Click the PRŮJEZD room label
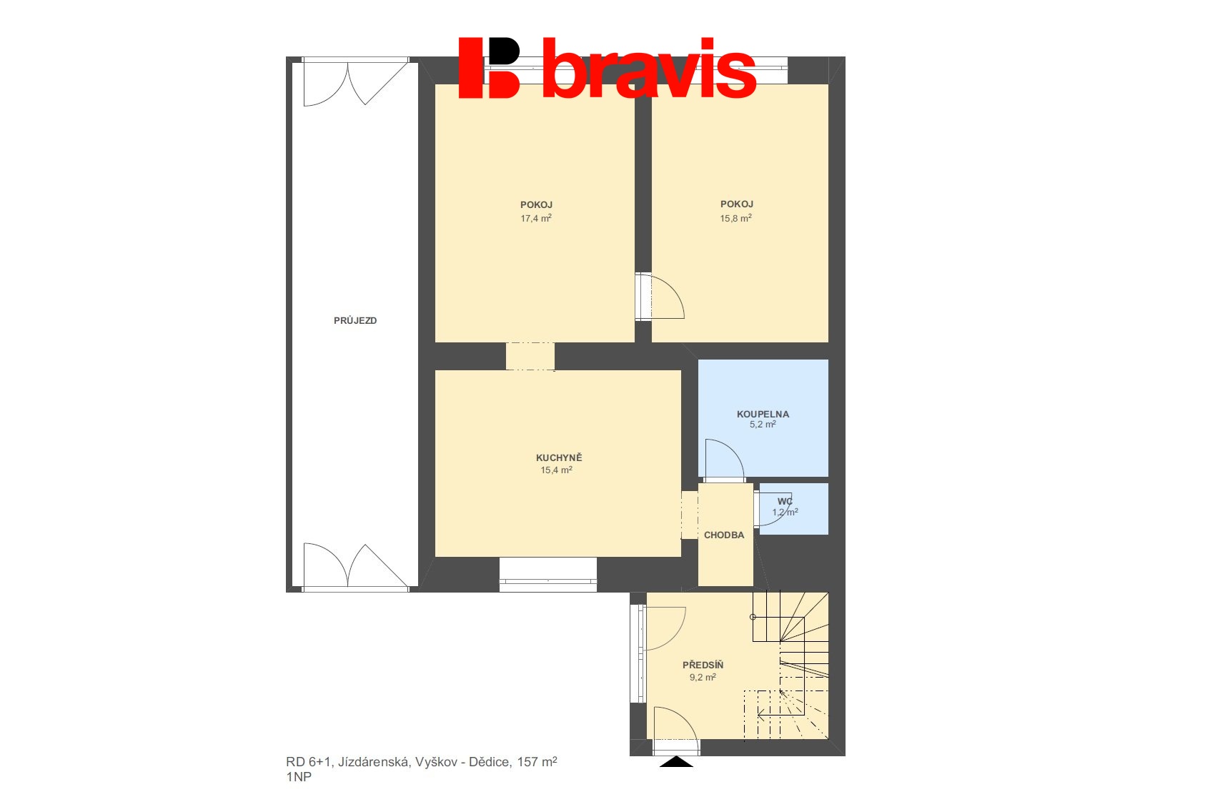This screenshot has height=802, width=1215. coord(354,321)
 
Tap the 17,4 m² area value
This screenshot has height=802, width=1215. coord(536,218)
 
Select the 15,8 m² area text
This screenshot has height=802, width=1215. coord(735,218)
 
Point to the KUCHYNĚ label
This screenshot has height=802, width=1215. coord(559,457)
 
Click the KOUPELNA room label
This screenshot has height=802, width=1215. coord(763,414)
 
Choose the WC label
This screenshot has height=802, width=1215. coord(785,501)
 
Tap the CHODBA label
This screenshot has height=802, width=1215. coord(723,535)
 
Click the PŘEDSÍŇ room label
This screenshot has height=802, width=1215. coord(703,665)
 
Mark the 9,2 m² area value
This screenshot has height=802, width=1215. coord(703,677)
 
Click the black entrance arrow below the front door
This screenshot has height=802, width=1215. coord(676,762)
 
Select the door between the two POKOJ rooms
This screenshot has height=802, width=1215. coord(660,296)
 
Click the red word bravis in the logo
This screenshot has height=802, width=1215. coord(649,69)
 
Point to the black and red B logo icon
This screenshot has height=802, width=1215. coord(490,68)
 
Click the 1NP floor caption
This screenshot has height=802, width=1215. coord(299,776)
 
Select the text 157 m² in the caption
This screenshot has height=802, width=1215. coord(537,762)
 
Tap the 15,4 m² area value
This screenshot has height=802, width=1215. coord(556,470)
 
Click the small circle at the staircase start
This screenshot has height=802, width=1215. coord(753,617)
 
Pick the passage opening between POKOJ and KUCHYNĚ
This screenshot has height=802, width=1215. coord(530,357)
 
